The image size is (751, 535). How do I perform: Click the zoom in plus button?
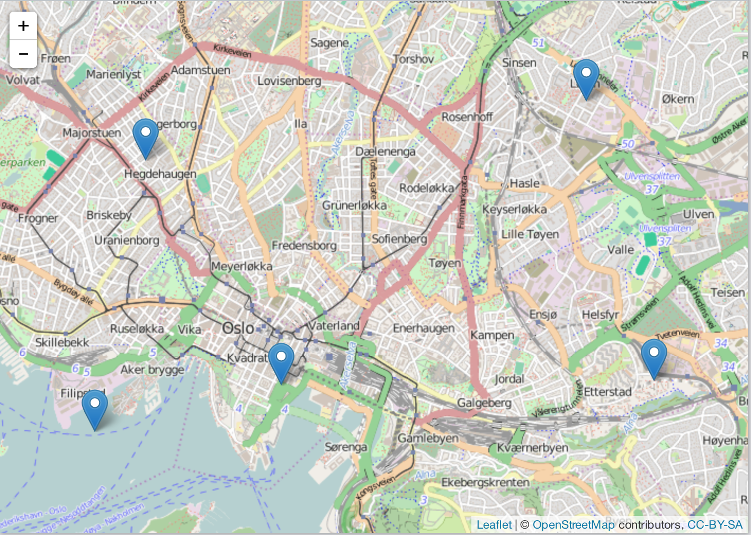[23, 26]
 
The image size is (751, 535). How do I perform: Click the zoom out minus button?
[23, 54]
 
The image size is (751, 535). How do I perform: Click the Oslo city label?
[238, 328]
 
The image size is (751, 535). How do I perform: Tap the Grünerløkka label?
[354, 205]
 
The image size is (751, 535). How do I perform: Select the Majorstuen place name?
[92, 132]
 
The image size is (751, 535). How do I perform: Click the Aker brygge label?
[152, 369]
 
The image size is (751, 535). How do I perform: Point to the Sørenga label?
[346, 447]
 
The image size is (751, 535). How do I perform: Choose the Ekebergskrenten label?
[485, 483]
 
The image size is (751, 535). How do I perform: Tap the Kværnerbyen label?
[532, 448]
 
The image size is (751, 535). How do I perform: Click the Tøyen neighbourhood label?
[444, 263]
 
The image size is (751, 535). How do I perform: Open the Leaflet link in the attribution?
[494, 524]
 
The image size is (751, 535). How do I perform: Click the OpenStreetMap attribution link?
[574, 524]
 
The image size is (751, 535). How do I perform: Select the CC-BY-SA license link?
[714, 524]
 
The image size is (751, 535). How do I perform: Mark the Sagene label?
[329, 43]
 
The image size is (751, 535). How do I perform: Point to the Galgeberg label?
[484, 403]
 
